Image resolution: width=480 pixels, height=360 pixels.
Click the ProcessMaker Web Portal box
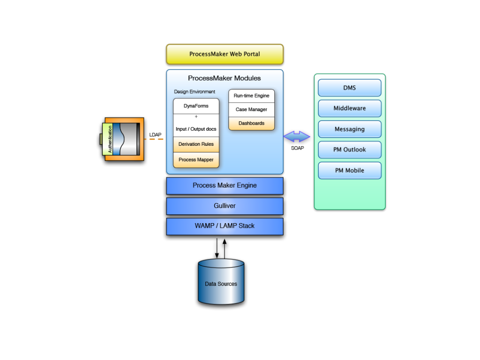[225, 54]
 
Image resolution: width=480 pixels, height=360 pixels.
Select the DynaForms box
[196, 106]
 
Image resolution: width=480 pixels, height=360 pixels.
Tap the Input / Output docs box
[196, 129]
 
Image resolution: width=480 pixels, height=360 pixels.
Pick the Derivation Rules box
[196, 144]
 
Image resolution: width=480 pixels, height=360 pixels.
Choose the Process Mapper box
[196, 160]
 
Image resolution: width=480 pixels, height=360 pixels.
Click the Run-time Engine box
[251, 96]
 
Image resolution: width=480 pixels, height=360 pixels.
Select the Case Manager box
[251, 110]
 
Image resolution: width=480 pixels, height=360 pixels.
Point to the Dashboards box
[251, 123]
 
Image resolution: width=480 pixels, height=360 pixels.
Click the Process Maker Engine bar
[225, 186]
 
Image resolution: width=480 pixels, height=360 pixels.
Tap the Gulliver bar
[225, 206]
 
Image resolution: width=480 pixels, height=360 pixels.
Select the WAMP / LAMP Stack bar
[225, 226]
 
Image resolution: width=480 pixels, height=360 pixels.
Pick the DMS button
[350, 88]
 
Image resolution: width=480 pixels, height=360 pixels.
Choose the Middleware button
[350, 108]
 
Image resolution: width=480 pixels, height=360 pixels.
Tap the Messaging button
[350, 129]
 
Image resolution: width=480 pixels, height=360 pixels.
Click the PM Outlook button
[350, 150]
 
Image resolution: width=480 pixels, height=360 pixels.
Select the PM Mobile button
[350, 171]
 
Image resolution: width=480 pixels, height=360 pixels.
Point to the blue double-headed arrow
[297, 136]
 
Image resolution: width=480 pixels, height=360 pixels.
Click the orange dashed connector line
[154, 139]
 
